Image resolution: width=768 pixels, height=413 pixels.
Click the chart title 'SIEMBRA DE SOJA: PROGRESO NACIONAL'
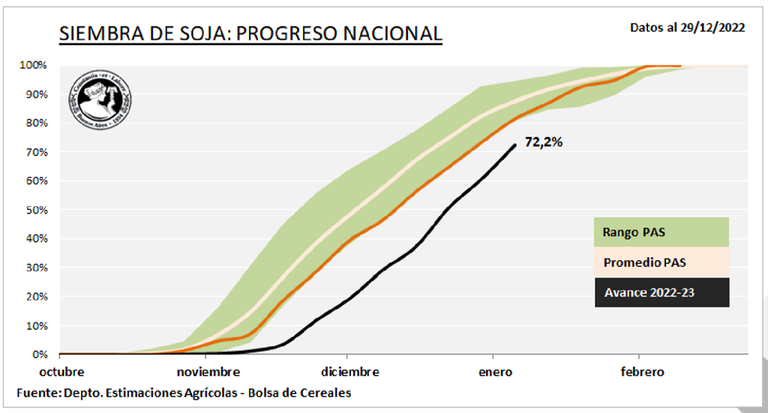point(250,34)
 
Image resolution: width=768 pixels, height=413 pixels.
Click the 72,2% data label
point(543,142)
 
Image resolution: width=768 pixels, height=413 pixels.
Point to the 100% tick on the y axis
point(33,65)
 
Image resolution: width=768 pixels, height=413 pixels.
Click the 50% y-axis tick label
point(35,210)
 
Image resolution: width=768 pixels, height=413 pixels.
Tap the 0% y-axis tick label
point(37,354)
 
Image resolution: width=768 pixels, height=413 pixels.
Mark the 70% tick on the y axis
point(35,152)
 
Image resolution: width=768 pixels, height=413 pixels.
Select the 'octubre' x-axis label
point(61,372)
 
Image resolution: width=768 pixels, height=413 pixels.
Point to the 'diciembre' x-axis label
point(349,372)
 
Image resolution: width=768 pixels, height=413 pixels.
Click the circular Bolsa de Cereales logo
point(100,101)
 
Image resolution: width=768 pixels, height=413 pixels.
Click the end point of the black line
point(514,145)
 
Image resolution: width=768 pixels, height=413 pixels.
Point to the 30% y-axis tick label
point(35,268)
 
